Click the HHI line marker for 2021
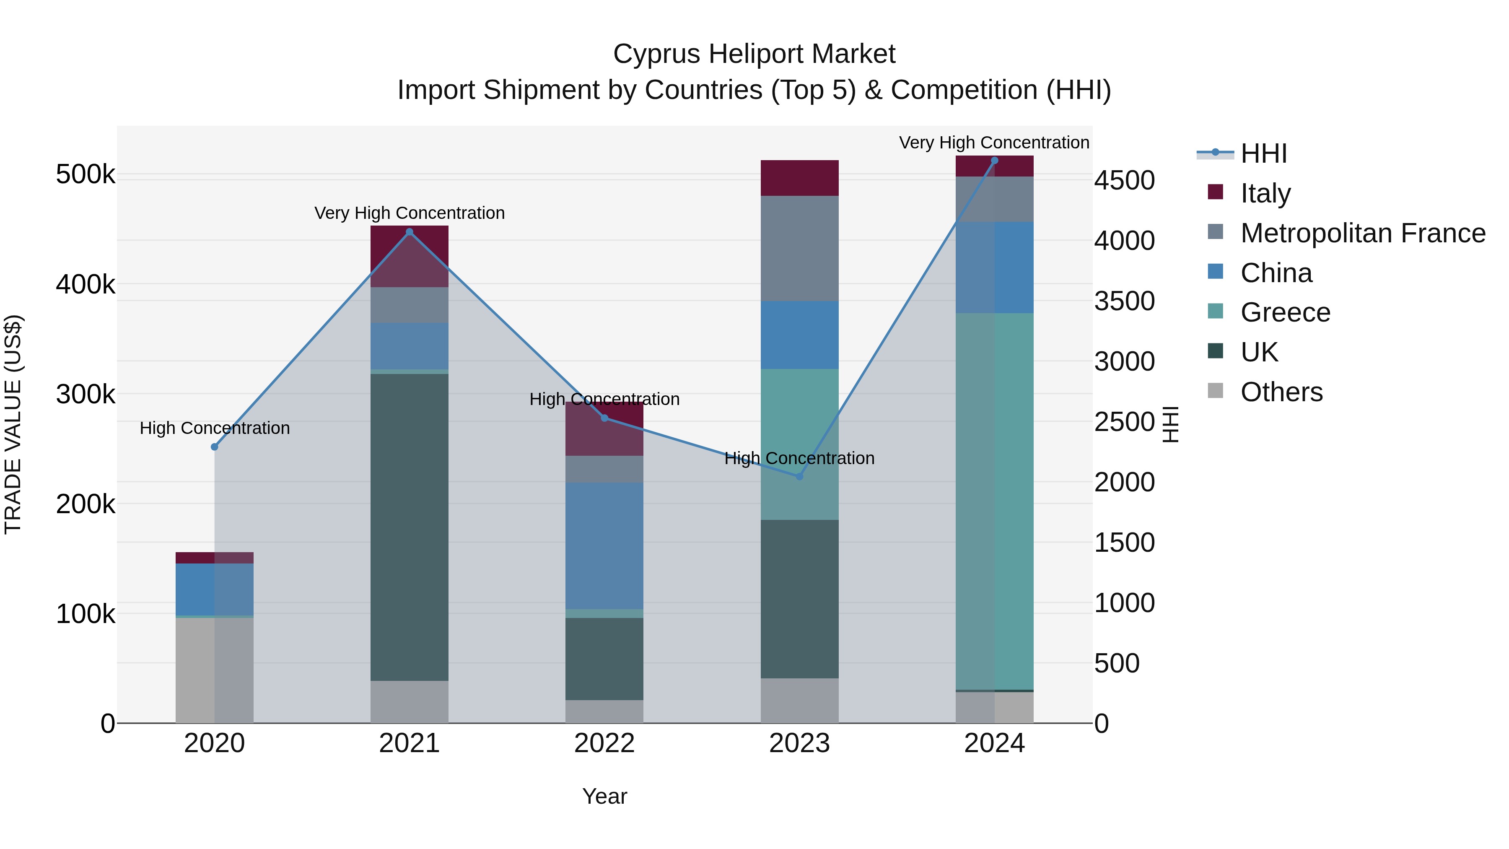410,232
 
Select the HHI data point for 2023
800,476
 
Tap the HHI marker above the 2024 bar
994,161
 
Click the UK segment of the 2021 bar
410,527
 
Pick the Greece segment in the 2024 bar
994,501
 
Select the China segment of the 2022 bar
604,545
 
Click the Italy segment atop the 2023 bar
800,177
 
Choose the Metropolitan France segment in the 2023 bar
800,249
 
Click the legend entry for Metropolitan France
1363,233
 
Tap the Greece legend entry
1285,312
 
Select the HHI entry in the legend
1263,153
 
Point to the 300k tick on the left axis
86,395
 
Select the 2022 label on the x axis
604,743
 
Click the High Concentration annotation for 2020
214,428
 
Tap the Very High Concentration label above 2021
410,213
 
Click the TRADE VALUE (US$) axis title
13,424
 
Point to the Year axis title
604,796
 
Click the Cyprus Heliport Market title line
754,54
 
